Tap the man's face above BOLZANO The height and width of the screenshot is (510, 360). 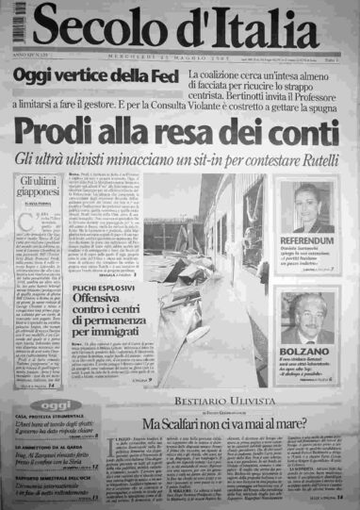click(308, 316)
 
